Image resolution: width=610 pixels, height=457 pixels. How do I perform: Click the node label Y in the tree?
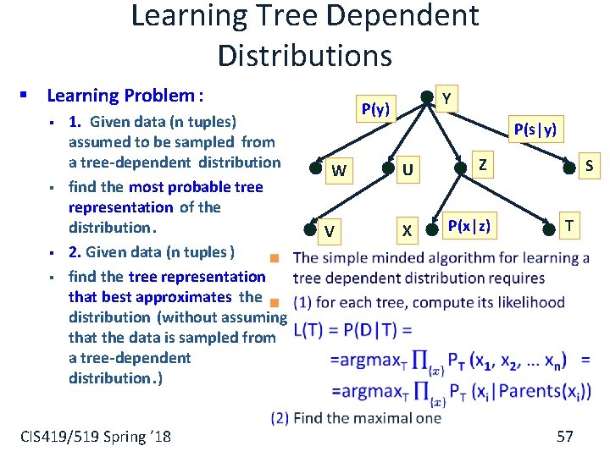446,100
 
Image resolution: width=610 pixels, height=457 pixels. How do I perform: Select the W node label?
339,171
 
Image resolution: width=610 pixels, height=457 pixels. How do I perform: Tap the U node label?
408,171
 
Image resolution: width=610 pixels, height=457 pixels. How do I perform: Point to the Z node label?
482,164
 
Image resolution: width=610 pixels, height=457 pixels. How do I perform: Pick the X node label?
408,230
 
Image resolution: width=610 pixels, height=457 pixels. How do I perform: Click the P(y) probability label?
375,108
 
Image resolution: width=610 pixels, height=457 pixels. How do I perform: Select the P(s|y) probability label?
535,129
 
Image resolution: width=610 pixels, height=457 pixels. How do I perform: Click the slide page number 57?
565,436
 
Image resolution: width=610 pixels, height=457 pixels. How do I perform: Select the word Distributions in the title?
305,55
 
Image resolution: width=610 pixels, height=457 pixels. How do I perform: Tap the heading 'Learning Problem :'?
125,96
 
